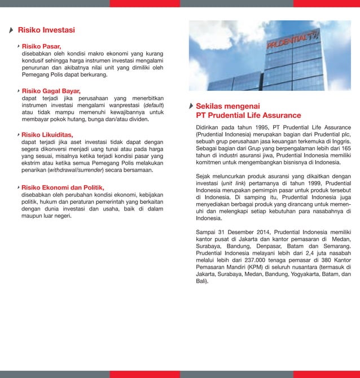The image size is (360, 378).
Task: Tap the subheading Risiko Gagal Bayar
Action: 51,90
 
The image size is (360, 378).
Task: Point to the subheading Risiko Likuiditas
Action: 48,135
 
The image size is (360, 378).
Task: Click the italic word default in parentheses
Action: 154,105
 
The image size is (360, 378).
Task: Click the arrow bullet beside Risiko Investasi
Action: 12,30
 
